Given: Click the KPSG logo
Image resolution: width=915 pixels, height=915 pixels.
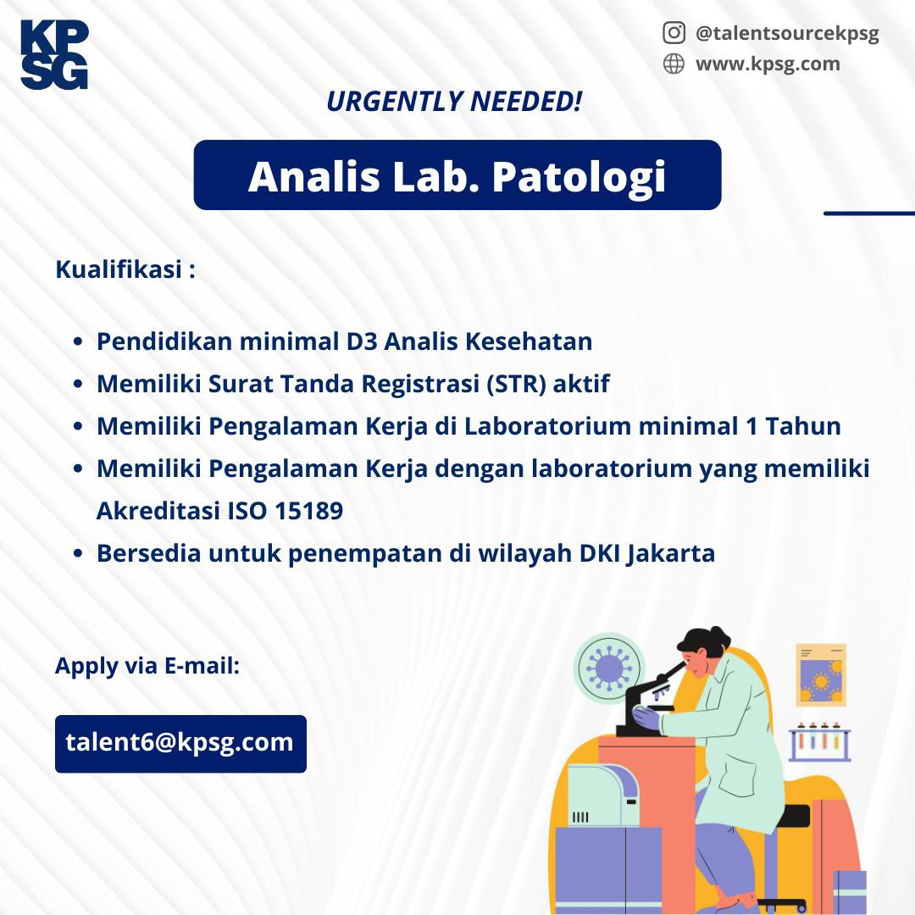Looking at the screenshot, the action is pos(53,54).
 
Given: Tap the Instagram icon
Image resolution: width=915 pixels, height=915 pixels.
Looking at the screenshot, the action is pos(674,33).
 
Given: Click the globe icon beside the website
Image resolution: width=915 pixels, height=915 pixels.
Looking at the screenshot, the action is pos(674,64).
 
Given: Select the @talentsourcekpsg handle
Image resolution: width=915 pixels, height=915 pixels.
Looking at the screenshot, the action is pos(786,34).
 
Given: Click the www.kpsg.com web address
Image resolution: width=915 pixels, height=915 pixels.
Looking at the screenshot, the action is pos(768,64).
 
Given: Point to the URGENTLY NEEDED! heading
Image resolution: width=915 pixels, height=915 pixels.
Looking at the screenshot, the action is pos(454,101).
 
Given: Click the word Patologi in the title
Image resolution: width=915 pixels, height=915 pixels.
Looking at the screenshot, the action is pos(579,177).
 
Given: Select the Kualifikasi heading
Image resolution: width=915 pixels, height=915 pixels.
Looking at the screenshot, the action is pos(125,269).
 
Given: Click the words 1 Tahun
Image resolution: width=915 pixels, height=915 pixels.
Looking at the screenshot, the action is pos(794,426).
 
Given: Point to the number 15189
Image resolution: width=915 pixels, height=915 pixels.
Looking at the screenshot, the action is pos(308,511).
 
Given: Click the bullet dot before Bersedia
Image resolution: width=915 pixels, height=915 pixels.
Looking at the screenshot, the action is pos(78,553).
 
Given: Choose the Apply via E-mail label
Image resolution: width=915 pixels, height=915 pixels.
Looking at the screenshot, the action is pos(147,666).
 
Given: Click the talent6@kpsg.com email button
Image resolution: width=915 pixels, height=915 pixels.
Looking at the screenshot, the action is pos(180,744).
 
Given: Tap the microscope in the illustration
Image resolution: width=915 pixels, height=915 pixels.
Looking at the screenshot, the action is pos(648,701).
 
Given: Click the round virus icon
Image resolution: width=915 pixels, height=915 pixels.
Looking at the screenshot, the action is pos(608,668).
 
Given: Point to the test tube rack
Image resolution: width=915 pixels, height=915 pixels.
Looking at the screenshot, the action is pos(819,741).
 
